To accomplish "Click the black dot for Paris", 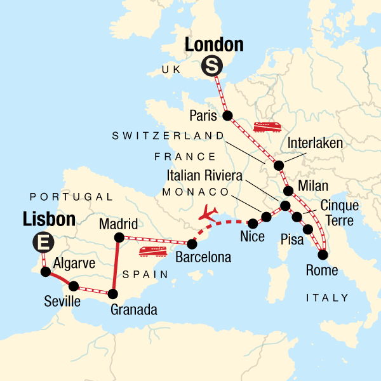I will (x=227, y=116).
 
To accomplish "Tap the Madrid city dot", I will (x=118, y=237).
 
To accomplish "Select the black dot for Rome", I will (x=323, y=255).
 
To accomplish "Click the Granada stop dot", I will (x=113, y=293).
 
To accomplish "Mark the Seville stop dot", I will (x=74, y=286).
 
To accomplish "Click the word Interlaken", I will (x=316, y=144).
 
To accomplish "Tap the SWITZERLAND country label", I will (x=168, y=136).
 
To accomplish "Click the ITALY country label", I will (x=328, y=297).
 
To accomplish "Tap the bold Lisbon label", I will (x=49, y=219).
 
